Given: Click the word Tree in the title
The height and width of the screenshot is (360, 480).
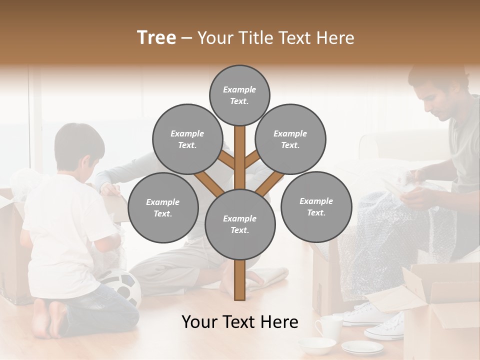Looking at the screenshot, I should coord(156,37).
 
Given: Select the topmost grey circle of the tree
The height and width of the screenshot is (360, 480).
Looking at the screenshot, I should coord(239,95).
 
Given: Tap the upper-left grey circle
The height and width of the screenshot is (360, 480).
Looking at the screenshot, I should coord(187,139).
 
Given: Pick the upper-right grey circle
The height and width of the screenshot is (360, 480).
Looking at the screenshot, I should coord(290,139).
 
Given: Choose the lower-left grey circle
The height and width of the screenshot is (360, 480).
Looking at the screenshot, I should coord(163,208).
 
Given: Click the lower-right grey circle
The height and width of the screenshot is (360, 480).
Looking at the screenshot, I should coord(316,207).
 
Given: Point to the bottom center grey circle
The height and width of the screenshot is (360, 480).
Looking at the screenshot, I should coord(239,224).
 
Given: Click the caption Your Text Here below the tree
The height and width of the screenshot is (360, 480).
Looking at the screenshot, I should coord(239,322).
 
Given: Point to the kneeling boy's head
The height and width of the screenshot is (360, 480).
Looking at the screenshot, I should coord(80,147).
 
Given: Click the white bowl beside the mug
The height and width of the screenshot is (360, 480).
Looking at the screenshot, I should coord(316,345).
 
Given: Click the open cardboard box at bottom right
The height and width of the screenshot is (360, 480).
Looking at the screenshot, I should coord(440,305).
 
